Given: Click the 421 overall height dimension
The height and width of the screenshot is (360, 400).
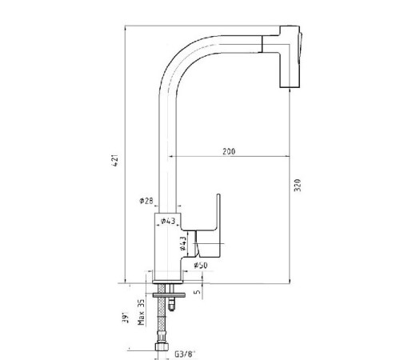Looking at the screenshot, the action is click(115, 160).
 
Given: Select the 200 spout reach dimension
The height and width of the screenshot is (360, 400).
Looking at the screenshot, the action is click(229, 151).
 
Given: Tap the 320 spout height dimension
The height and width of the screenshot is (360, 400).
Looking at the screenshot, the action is click(298, 185).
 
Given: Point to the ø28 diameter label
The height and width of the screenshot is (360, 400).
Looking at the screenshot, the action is click(146, 201).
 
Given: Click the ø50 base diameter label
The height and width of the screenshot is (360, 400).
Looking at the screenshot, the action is click(201, 265).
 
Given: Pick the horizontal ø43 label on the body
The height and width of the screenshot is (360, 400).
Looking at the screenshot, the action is click(168, 221).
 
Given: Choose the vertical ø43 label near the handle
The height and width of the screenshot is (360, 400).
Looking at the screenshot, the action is click(183, 243).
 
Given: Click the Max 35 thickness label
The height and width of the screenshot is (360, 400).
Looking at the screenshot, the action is click(141, 312).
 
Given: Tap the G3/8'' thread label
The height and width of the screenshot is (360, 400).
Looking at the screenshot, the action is click(185, 354).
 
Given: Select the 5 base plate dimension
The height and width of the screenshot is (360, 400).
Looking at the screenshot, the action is click(198, 292).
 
